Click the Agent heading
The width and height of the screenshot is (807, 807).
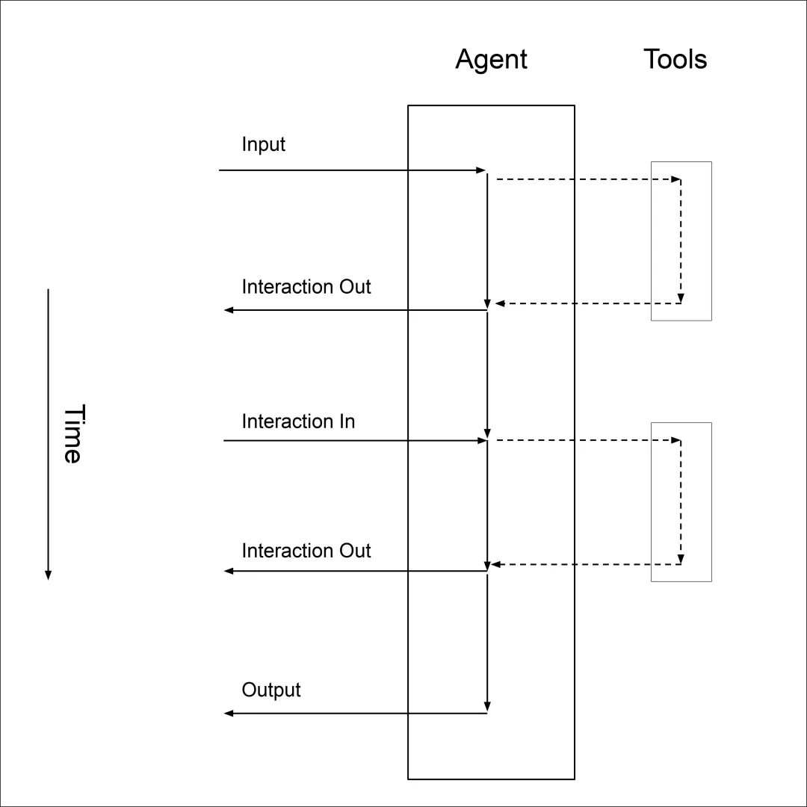(491, 59)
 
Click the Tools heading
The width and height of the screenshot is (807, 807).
(675, 59)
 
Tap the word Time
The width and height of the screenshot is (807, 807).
(71, 434)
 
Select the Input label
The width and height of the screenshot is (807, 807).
(263, 144)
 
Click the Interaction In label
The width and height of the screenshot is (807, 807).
(298, 421)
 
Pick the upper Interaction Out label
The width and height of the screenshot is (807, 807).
(306, 287)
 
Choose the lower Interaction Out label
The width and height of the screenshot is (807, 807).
(306, 551)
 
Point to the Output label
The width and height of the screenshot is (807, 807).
(271, 690)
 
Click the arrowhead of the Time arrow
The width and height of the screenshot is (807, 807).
(48, 575)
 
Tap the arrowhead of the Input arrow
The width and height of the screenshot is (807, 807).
(482, 170)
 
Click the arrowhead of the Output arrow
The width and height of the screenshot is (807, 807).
(229, 714)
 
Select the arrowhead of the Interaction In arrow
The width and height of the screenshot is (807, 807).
(483, 441)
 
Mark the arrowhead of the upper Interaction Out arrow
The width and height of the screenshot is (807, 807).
(229, 310)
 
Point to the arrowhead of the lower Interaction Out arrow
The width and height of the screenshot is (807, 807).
(229, 572)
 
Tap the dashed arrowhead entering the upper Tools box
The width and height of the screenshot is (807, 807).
(676, 179)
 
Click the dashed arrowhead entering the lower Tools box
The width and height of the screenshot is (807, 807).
(676, 441)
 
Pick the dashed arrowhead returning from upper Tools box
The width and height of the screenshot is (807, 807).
(499, 303)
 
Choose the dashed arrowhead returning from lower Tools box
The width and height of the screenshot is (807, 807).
(495, 565)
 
